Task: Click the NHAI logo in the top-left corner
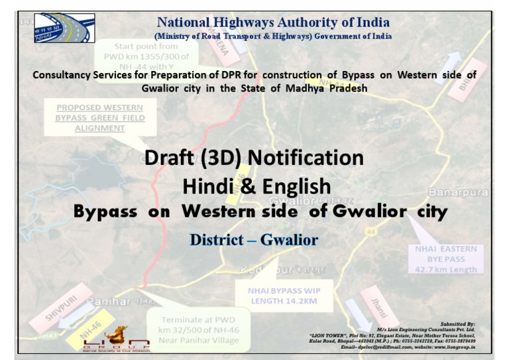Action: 64,28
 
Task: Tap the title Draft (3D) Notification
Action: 254,158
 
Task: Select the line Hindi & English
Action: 256,186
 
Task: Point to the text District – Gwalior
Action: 254,239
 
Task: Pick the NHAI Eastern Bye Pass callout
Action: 446,259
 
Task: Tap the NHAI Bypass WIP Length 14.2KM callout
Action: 284,296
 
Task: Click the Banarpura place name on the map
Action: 459,192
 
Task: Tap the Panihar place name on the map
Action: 110,302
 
